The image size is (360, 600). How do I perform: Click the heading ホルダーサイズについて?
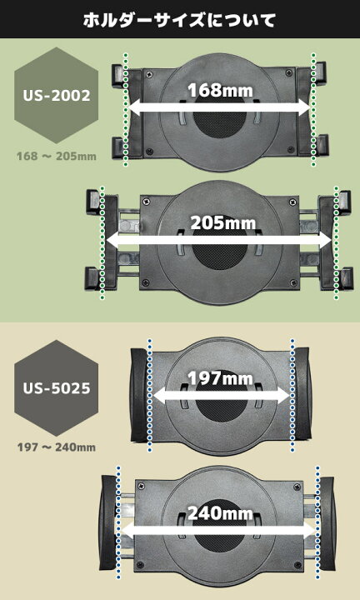(x=179, y=20)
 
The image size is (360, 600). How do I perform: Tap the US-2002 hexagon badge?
(x=56, y=95)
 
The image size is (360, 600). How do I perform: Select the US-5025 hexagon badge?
(x=56, y=388)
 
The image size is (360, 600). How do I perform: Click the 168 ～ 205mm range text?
(x=56, y=157)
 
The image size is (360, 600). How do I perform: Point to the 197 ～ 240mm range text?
(x=56, y=447)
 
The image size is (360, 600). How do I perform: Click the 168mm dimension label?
(x=220, y=91)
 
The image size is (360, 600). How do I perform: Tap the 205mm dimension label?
(x=223, y=222)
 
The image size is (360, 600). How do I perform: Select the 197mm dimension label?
(x=220, y=378)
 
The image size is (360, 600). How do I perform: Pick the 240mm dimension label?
(x=220, y=512)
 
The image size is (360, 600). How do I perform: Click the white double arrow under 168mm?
(x=219, y=107)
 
